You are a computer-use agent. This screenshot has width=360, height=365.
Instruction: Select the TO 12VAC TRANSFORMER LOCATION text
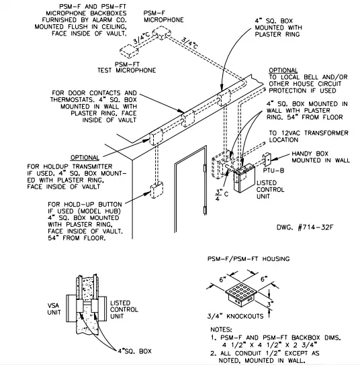[306, 137]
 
